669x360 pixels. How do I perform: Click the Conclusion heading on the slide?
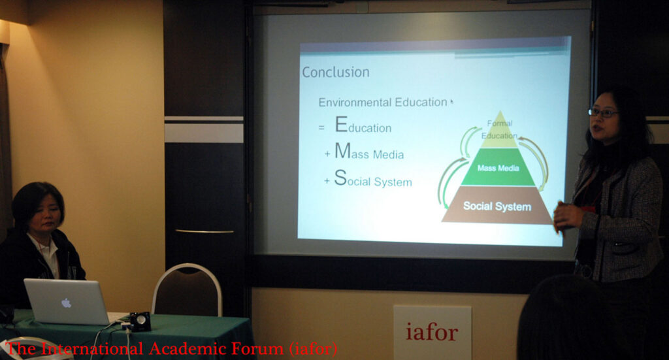(336, 72)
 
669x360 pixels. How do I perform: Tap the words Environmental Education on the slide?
(383, 103)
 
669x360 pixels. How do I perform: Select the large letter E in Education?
(341, 125)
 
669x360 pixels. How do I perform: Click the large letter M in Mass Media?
(342, 150)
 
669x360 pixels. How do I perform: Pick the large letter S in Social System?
(340, 178)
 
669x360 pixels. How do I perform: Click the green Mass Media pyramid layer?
(498, 168)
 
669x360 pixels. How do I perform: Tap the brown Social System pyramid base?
(497, 206)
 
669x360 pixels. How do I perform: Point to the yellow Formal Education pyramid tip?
(499, 130)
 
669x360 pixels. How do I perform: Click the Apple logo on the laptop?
(66, 303)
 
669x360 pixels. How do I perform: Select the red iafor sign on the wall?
(432, 332)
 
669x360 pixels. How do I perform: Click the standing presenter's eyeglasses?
(603, 113)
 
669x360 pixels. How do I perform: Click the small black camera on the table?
(140, 321)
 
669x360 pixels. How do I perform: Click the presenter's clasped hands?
(566, 216)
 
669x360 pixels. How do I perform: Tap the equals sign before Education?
(321, 127)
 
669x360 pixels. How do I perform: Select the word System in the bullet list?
(393, 182)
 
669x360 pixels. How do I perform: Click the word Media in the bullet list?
(388, 154)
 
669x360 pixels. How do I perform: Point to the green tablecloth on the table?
(128, 337)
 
